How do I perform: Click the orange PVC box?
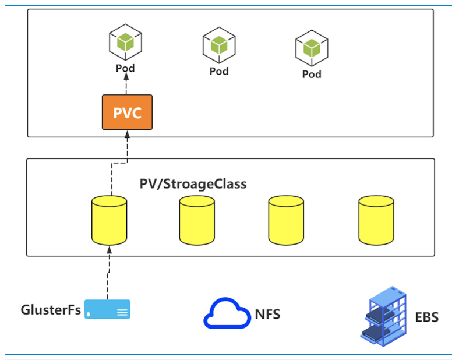127,112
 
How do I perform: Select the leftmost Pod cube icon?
125,42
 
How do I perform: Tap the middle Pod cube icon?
218,45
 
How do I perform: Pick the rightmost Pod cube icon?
312,48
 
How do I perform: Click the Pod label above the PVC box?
125,68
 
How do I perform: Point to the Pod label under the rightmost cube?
312,74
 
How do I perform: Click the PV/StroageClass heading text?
193,184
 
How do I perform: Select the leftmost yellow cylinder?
109,221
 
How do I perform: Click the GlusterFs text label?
51,309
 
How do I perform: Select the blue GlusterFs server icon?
107,309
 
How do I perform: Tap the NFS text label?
268,315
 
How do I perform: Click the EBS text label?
427,317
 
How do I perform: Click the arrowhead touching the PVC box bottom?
127,135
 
